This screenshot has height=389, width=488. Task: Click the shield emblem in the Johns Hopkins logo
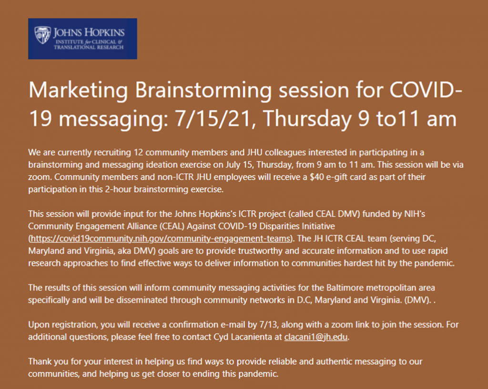42,35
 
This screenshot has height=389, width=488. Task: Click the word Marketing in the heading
78,91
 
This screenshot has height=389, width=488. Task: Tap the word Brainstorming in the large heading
203,91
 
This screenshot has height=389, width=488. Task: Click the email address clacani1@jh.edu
316,337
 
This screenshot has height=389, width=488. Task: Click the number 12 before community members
138,153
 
